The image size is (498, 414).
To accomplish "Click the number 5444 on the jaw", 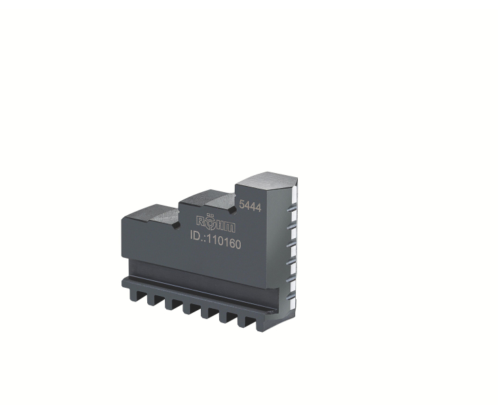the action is [250, 206].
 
